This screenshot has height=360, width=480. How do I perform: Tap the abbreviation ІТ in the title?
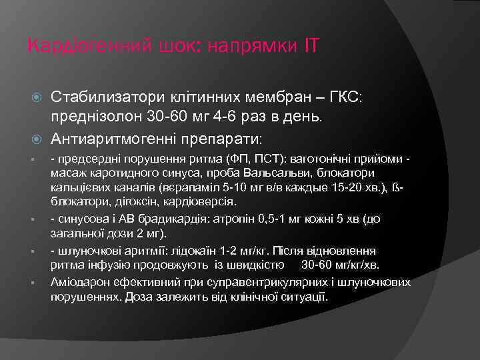tap(311, 47)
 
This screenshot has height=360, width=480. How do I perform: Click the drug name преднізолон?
tap(92, 117)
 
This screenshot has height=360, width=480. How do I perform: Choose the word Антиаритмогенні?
tap(110, 139)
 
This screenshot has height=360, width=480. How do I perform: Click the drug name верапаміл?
tap(191, 189)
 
